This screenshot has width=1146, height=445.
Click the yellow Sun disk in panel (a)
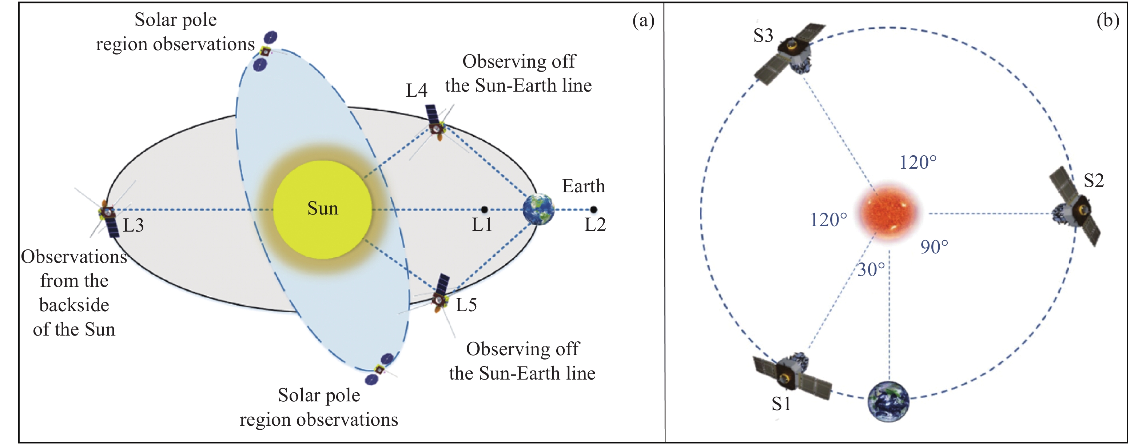click(x=323, y=209)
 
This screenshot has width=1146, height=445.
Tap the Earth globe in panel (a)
click(x=538, y=209)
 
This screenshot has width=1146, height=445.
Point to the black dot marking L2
click(x=593, y=209)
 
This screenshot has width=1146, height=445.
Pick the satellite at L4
click(x=437, y=128)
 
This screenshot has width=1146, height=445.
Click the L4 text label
click(x=417, y=90)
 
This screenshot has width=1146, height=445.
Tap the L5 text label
click(x=466, y=305)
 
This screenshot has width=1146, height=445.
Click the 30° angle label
click(x=871, y=270)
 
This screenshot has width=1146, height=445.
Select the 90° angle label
click(x=934, y=247)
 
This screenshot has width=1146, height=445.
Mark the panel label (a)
click(x=643, y=20)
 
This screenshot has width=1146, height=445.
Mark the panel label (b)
click(x=1108, y=20)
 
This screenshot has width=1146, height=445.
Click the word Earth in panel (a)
click(x=583, y=186)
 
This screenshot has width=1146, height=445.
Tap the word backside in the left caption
click(x=74, y=305)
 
